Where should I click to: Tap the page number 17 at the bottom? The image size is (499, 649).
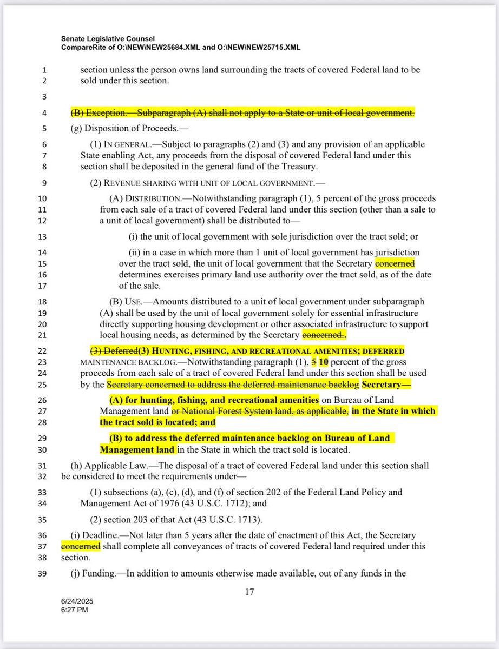pos(250,592)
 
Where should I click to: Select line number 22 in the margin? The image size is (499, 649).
pos(44,352)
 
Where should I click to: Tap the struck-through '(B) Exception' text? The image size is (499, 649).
pos(103,113)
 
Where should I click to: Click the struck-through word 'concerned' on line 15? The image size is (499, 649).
pos(395,263)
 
